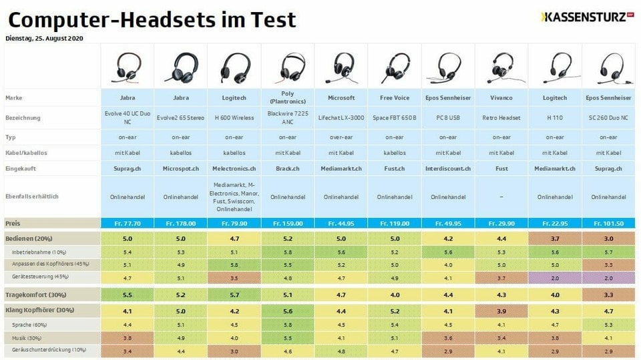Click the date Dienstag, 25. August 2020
pyautogui.click(x=44, y=38)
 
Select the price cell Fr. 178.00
pyautogui.click(x=181, y=224)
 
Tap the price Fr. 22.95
pyautogui.click(x=555, y=224)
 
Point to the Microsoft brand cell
pyautogui.click(x=341, y=98)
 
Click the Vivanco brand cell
pyautogui.click(x=501, y=98)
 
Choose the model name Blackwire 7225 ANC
pyautogui.click(x=288, y=118)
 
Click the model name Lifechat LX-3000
pyautogui.click(x=341, y=118)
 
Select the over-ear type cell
pyautogui.click(x=341, y=137)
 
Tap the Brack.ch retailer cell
pyautogui.click(x=288, y=169)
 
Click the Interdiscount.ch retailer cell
pyautogui.click(x=448, y=169)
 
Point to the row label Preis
pyautogui.click(x=13, y=224)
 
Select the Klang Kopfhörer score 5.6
pyautogui.click(x=288, y=311)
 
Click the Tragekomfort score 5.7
pyautogui.click(x=234, y=295)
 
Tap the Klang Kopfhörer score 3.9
pyautogui.click(x=501, y=311)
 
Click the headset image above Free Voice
pyautogui.click(x=395, y=67)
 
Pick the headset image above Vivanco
pyautogui.click(x=501, y=67)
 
